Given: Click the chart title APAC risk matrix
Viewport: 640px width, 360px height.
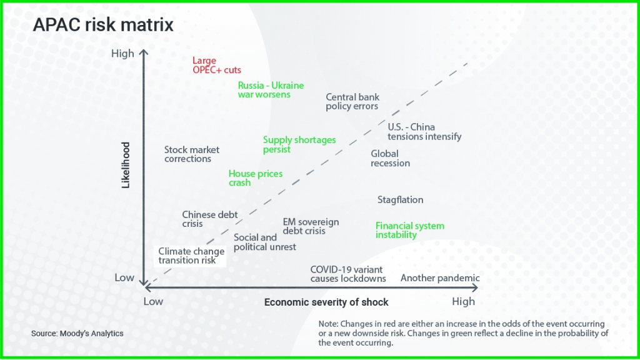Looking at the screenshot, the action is coord(103,25).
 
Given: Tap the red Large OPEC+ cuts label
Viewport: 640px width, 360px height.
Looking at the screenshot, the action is coord(217,65).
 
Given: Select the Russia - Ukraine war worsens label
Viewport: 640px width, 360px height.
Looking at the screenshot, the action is coord(271,90).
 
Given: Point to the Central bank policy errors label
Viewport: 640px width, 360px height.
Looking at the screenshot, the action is coord(352,102).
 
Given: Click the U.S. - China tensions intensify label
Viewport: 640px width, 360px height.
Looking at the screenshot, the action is coord(424,132).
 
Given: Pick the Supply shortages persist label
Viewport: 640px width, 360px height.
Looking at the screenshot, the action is coord(299,144).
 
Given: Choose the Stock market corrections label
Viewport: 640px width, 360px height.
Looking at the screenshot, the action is coord(191,154).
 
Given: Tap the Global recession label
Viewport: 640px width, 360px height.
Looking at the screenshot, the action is coord(390,158).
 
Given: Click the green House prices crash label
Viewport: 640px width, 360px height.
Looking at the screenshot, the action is coord(256,178).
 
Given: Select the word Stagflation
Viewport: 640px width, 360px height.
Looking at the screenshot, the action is coord(400,199).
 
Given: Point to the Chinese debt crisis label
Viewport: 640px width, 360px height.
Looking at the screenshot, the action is coord(210,219).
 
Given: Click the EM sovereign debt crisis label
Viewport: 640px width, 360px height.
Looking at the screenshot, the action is coord(311,226).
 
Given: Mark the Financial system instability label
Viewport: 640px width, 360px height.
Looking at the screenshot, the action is coord(410,230).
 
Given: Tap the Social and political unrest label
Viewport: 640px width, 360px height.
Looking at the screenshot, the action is coord(264,242).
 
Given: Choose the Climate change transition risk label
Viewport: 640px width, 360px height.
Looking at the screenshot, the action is coord(191,256).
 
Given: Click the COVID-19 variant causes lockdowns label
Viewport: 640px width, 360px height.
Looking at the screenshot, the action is coord(347,274).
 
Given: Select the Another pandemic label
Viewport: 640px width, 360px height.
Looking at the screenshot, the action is coord(440,278).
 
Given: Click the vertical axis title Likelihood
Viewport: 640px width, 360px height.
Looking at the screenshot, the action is coord(126,165).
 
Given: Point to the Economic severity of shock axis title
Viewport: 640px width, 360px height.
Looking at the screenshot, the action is coord(326,302).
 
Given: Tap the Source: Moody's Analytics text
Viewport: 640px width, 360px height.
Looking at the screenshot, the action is coord(77,334).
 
